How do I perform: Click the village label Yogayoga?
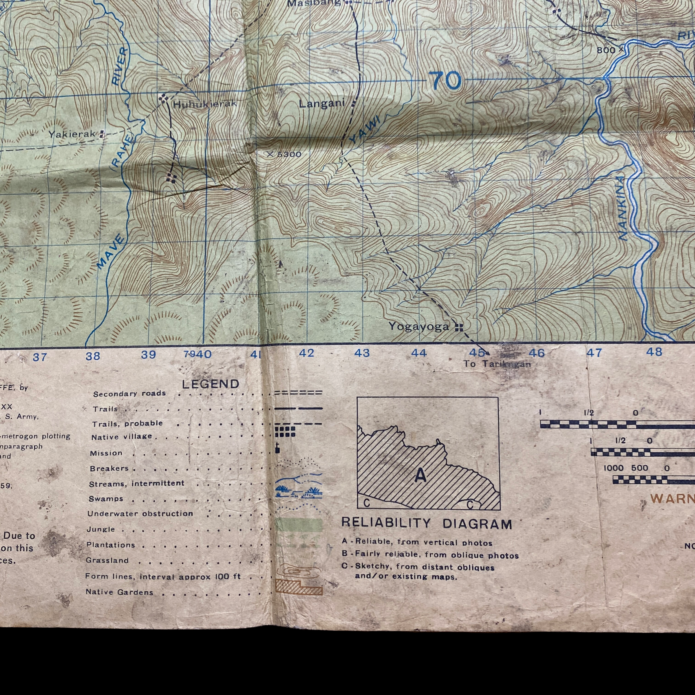tap(419, 327)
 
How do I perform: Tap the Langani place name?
tap(322, 104)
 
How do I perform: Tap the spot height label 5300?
tap(289, 155)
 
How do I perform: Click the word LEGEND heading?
tap(211, 384)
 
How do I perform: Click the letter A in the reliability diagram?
tap(420, 475)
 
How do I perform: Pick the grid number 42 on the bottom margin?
tap(306, 353)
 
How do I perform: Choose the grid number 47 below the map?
tap(594, 353)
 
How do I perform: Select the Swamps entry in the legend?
tap(106, 499)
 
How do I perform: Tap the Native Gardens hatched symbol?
tap(298, 587)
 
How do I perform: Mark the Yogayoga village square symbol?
tap(459, 327)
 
